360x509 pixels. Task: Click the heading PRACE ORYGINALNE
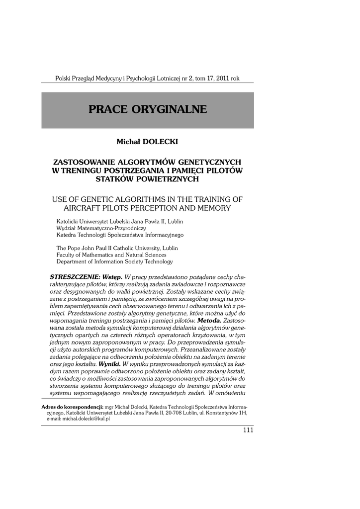point(148,110)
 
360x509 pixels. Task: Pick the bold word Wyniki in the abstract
point(109,363)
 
